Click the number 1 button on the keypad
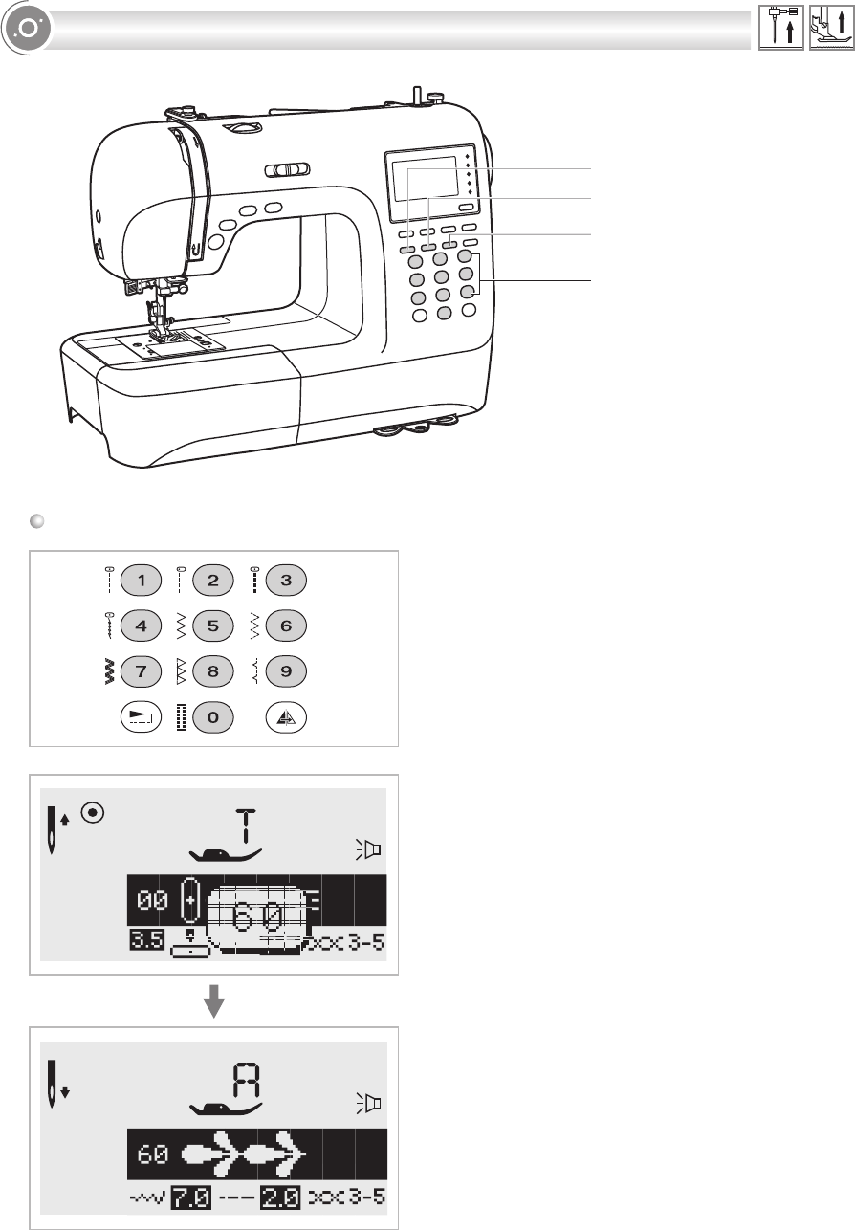pos(142,580)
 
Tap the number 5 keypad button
pos(212,626)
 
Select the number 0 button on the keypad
pos(212,717)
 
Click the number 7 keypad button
pos(142,671)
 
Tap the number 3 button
pos(285,580)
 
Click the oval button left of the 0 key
pos(142,717)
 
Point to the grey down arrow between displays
pos(215,1003)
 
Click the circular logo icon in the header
pos(26,29)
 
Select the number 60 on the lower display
pos(152,1154)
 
